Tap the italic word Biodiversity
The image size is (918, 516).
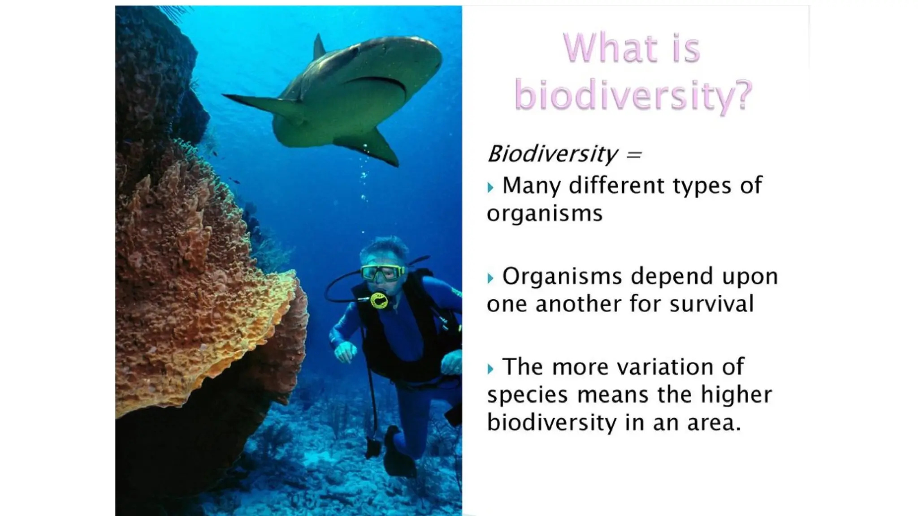[552, 154]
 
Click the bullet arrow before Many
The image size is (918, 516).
[490, 187]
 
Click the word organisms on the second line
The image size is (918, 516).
[544, 214]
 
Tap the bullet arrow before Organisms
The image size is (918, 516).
[490, 278]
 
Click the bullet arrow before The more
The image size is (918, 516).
[490, 369]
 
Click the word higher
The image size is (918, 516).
[736, 395]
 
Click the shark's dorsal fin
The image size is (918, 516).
[319, 47]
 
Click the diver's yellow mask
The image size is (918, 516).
[382, 272]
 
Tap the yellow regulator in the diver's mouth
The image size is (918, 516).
[379, 301]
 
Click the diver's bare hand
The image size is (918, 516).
[345, 351]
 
